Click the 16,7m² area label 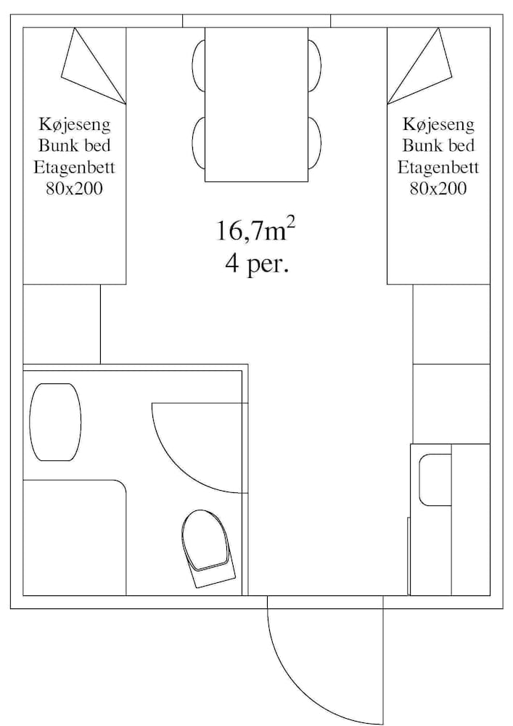(x=255, y=230)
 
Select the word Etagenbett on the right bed (x=438, y=168)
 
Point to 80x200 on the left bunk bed (x=75, y=189)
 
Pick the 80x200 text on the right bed (x=438, y=189)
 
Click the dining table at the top (x=256, y=104)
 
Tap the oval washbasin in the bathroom (x=55, y=422)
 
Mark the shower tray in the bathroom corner (x=74, y=537)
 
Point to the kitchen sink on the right (x=435, y=480)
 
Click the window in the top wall (x=256, y=20)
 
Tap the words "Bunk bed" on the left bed (x=75, y=146)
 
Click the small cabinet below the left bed (x=62, y=324)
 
